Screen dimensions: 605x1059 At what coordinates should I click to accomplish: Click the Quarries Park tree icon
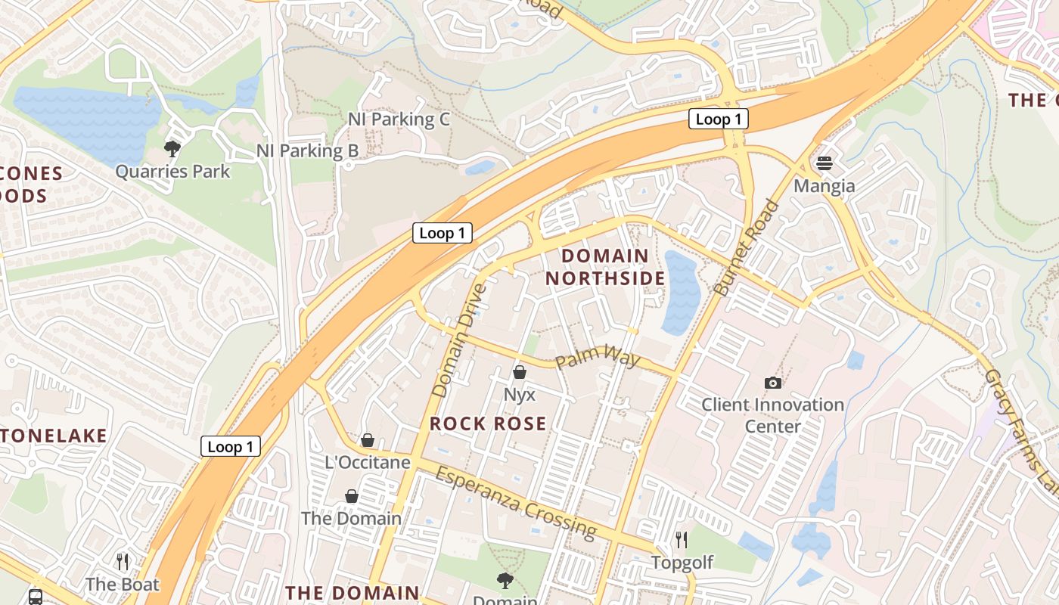click(172, 148)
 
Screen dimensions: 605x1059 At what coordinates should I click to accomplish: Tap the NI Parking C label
click(399, 119)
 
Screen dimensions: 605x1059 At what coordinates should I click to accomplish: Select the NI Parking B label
click(307, 150)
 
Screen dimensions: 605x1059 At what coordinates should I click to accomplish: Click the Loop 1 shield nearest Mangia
click(718, 119)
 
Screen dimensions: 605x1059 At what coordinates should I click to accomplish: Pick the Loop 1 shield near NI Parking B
click(442, 233)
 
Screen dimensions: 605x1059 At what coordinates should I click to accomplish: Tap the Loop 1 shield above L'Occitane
click(230, 446)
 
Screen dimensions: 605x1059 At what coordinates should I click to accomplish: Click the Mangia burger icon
click(824, 163)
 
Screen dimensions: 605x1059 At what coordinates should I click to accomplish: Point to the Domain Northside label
click(605, 267)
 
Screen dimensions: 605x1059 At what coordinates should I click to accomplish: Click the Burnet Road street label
click(746, 247)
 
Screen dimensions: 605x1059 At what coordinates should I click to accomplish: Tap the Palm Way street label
click(598, 356)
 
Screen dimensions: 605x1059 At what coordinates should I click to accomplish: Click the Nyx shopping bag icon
click(520, 372)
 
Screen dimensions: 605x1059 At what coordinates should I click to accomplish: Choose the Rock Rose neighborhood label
click(488, 423)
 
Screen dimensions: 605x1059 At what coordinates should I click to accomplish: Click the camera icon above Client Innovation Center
click(772, 383)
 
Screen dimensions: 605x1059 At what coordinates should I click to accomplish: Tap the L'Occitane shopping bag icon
click(368, 439)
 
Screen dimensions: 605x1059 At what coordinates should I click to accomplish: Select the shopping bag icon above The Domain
click(352, 496)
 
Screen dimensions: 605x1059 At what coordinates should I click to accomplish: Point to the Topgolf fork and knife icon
click(682, 539)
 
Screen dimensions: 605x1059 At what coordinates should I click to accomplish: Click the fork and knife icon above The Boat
click(123, 561)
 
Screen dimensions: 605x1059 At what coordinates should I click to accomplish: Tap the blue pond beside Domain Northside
click(682, 293)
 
